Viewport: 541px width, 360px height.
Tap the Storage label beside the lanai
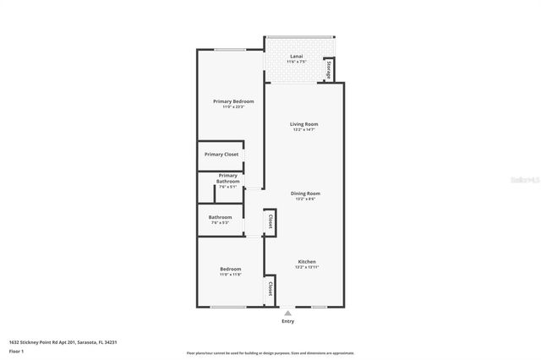click(330, 70)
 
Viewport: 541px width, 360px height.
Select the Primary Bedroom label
click(232, 101)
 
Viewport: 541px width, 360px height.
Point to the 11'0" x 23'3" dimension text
click(232, 107)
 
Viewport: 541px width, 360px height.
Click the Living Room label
click(304, 124)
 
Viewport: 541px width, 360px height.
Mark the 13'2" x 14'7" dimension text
click(304, 130)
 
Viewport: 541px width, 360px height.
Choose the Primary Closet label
click(221, 155)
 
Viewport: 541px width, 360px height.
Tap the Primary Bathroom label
click(228, 178)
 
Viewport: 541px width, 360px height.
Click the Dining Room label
click(305, 194)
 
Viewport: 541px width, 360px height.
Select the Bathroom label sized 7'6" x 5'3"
click(220, 217)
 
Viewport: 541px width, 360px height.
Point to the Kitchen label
click(306, 261)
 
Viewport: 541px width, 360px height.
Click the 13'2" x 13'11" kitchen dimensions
click(306, 267)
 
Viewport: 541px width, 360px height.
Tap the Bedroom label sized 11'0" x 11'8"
click(231, 269)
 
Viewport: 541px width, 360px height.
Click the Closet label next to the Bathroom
click(270, 221)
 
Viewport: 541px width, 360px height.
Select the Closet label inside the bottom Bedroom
click(270, 288)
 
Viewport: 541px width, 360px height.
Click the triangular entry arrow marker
click(287, 313)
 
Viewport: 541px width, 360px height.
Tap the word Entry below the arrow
click(287, 322)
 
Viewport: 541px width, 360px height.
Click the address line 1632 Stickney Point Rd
click(63, 342)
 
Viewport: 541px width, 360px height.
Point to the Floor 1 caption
click(16, 351)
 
